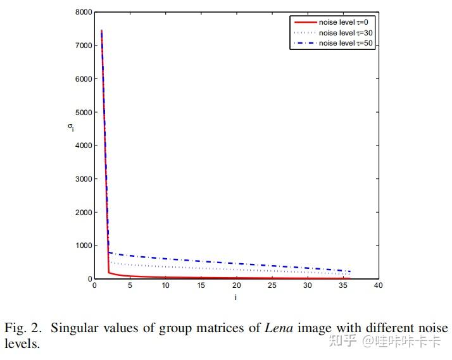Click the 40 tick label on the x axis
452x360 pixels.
[378, 286]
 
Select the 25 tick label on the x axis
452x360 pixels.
[272, 286]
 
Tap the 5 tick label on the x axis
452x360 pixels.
[130, 286]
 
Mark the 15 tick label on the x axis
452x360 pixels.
[201, 286]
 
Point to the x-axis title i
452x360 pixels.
[235, 297]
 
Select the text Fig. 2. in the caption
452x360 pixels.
[23, 328]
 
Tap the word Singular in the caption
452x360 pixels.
[73, 328]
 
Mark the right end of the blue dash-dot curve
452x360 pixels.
[350, 271]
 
